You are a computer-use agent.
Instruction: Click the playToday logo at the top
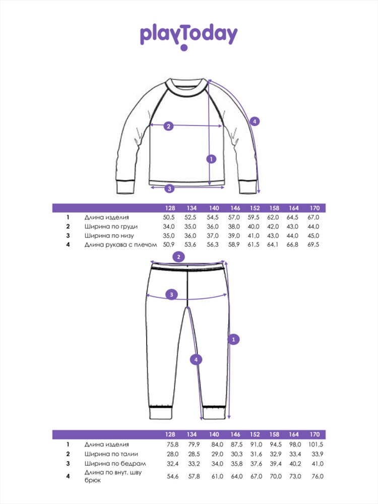[188, 36]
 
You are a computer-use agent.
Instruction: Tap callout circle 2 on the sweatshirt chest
[168, 126]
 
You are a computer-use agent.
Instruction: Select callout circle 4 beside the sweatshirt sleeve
[255, 121]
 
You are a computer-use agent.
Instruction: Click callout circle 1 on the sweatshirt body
[211, 159]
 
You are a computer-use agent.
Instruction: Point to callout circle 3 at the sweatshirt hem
[170, 188]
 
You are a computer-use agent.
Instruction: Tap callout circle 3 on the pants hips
[171, 294]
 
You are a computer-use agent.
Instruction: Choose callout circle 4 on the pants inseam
[196, 360]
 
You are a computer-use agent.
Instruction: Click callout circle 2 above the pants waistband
[179, 257]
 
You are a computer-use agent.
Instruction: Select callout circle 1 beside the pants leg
[233, 339]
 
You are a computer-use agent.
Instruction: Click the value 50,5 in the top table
[169, 217]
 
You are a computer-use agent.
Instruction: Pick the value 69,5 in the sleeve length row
[313, 244]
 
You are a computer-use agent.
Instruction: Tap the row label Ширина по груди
[111, 227]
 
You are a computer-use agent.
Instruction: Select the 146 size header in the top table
[235, 208]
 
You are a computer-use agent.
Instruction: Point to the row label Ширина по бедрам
[115, 464]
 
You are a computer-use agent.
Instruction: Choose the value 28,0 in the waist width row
[172, 454]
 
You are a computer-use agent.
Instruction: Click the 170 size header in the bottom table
[314, 434]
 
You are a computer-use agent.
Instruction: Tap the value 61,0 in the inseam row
[217, 476]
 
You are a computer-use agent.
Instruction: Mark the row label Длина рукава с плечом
[120, 244]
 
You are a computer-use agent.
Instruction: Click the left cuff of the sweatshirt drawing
[125, 187]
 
